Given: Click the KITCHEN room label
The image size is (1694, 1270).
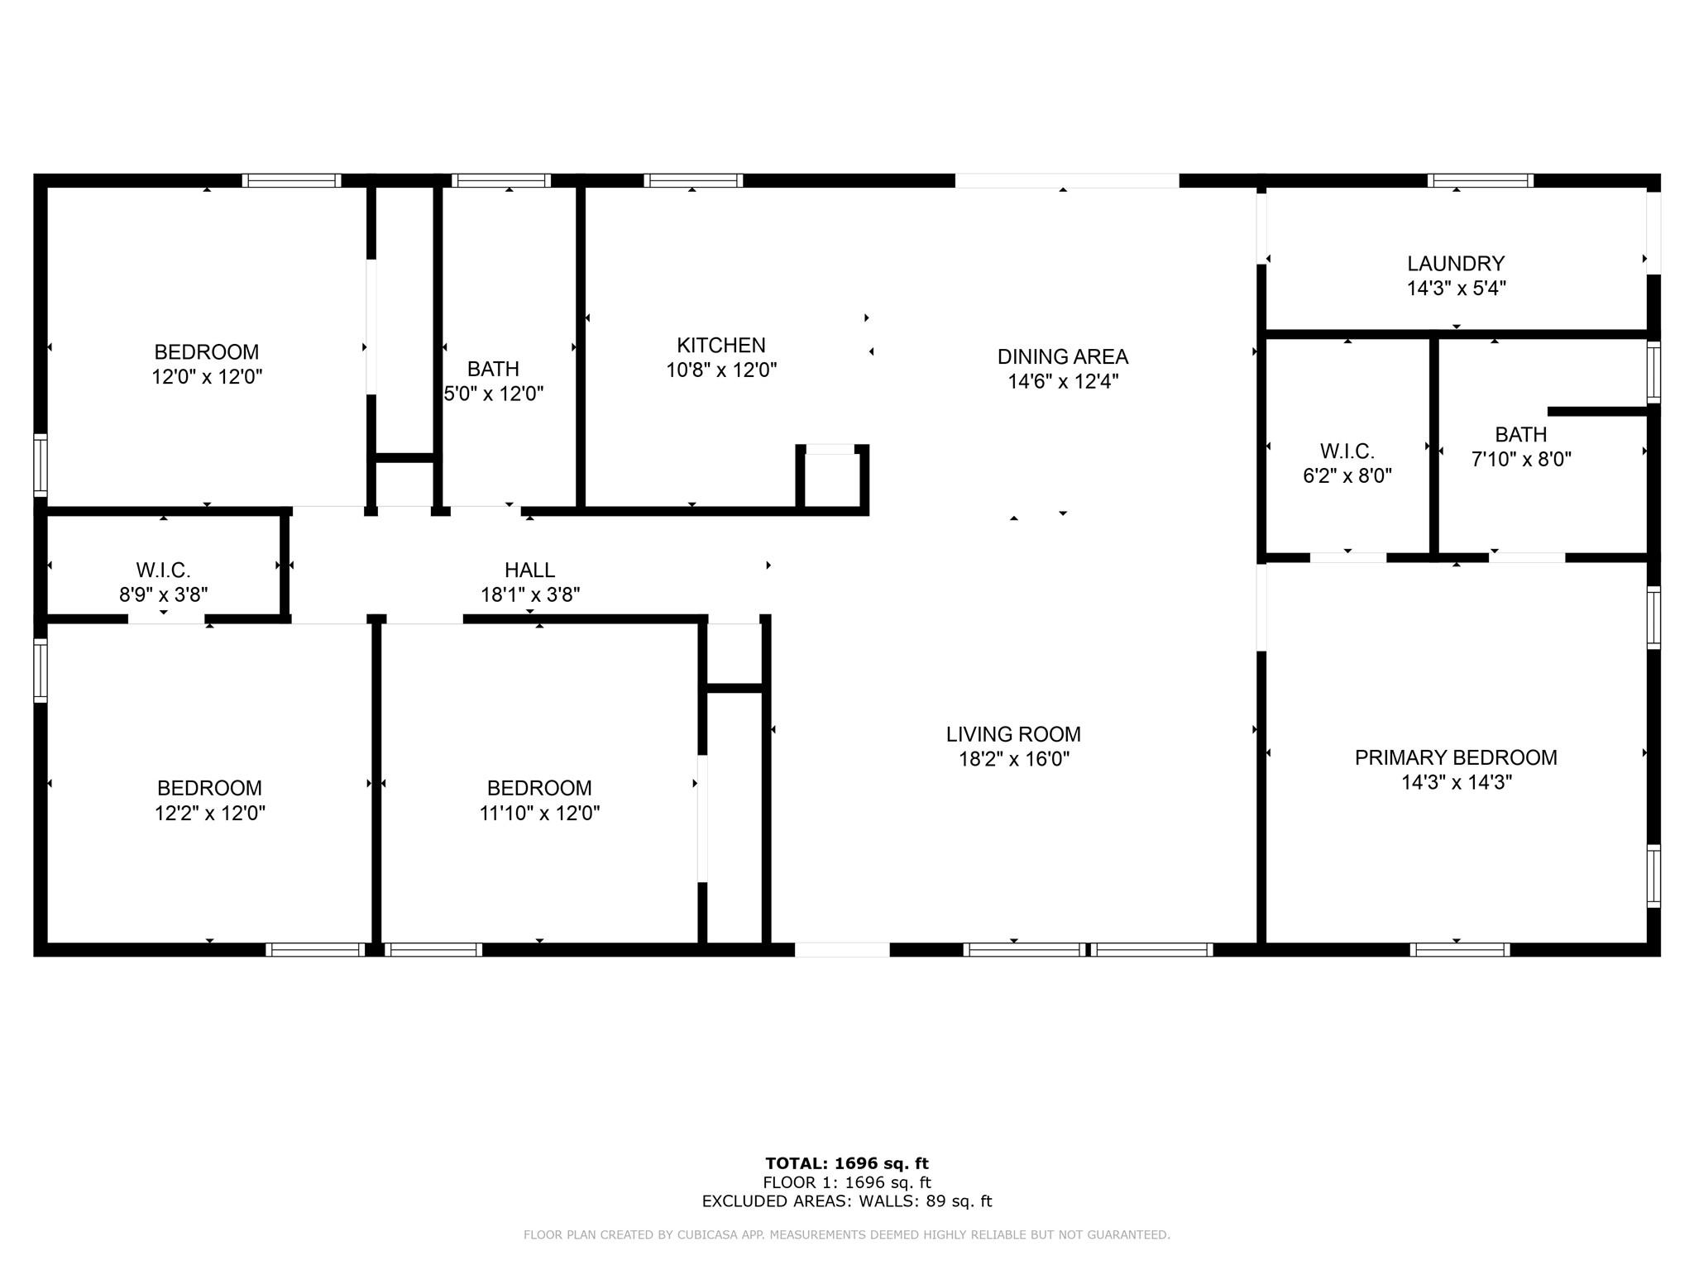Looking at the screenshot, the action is coord(721,346).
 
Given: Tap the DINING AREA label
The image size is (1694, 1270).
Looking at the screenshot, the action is coord(1063,357).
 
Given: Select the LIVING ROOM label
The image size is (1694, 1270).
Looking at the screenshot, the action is coord(1013,734).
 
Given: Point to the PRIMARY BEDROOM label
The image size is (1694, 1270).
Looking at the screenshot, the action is coord(1456,757).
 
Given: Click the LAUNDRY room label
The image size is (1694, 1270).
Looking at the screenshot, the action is coord(1456,264).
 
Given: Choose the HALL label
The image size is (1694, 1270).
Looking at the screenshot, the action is coord(529,570).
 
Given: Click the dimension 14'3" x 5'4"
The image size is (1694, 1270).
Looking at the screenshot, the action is coord(1456,289).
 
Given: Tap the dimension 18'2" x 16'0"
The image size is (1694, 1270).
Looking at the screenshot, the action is coord(1013,759).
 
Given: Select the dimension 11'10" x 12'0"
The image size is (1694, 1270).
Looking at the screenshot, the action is coord(539,813).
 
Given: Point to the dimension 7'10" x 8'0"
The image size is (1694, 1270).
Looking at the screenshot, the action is coord(1521,459).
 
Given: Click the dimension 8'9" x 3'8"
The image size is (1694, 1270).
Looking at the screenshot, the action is coord(164,594).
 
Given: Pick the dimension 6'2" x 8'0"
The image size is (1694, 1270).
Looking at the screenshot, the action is coord(1347,476).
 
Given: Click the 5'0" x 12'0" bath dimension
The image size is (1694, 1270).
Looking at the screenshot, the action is coord(494,394).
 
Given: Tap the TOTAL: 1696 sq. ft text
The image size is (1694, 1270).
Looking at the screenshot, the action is coord(847,1164).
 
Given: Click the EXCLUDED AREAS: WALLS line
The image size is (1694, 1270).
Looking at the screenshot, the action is coord(847,1201).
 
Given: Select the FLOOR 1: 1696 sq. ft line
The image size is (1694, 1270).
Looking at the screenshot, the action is coord(847,1183).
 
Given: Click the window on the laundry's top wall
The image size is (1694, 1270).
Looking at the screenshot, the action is coord(1481,180).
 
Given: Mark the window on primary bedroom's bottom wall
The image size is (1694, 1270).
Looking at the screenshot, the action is coord(1460,950).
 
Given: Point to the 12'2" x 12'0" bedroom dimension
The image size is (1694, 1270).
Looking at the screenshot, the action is coord(210,813).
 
